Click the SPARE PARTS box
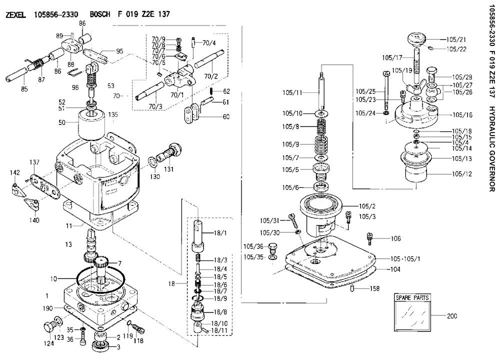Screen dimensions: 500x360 [x=412, y=312]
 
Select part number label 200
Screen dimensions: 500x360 [x=452, y=316]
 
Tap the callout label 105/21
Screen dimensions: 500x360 [x=455, y=39]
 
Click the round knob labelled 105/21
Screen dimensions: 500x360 [x=416, y=39]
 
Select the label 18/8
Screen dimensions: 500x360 [x=220, y=312]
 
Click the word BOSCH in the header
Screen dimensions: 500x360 [x=100, y=14]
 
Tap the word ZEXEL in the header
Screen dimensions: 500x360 [x=15, y=14]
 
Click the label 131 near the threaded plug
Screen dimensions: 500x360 [x=168, y=168]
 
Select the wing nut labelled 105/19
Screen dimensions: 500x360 [x=415, y=87]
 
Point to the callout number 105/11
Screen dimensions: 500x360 [x=292, y=93]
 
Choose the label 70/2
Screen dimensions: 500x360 [x=211, y=76]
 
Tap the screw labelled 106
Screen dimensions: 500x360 [x=369, y=239]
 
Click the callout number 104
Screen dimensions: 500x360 [x=395, y=269]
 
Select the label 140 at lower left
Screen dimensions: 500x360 [x=34, y=220]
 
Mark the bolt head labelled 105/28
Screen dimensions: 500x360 [x=431, y=72]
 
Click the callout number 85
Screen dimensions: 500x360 [x=24, y=89]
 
